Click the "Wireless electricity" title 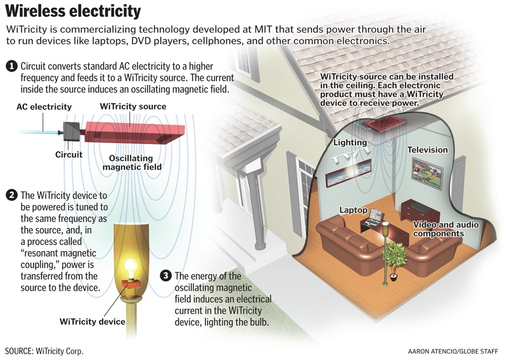click(73, 11)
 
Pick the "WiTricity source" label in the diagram click(133, 107)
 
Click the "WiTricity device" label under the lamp click(92, 322)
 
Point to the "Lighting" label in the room click(350, 142)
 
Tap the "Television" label click(428, 150)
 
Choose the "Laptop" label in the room click(353, 210)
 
